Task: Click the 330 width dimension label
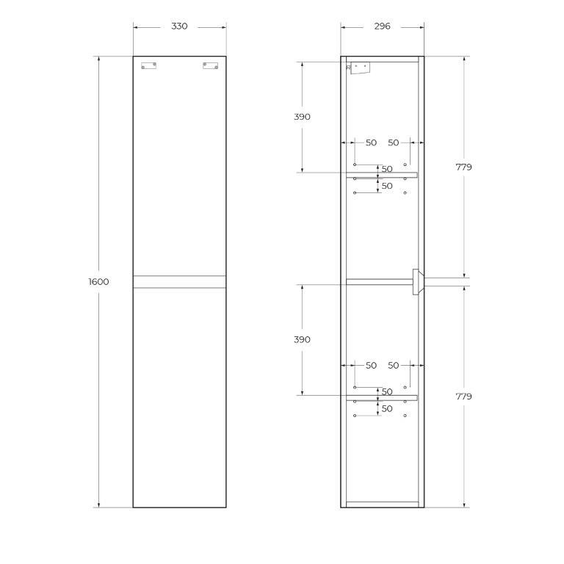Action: pyautogui.click(x=179, y=26)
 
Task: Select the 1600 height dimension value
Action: pyautogui.click(x=98, y=282)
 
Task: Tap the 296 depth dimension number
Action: pyautogui.click(x=382, y=26)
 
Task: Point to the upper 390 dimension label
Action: pyautogui.click(x=302, y=117)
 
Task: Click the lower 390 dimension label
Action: pyautogui.click(x=302, y=340)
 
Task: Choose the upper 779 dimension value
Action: pyautogui.click(x=463, y=167)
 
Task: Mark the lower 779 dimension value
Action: pyautogui.click(x=463, y=397)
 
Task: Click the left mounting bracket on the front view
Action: pyautogui.click(x=149, y=65)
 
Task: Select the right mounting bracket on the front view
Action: pyautogui.click(x=210, y=65)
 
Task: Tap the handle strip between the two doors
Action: pyautogui.click(x=179, y=281)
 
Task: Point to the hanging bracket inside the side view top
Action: pyautogui.click(x=358, y=68)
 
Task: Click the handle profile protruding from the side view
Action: pyautogui.click(x=417, y=281)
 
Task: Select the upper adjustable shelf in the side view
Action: pyautogui.click(x=381, y=175)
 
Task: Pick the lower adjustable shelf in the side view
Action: pyautogui.click(x=381, y=398)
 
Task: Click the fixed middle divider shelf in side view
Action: pyautogui.click(x=378, y=281)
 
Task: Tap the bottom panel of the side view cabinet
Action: pyautogui.click(x=382, y=505)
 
